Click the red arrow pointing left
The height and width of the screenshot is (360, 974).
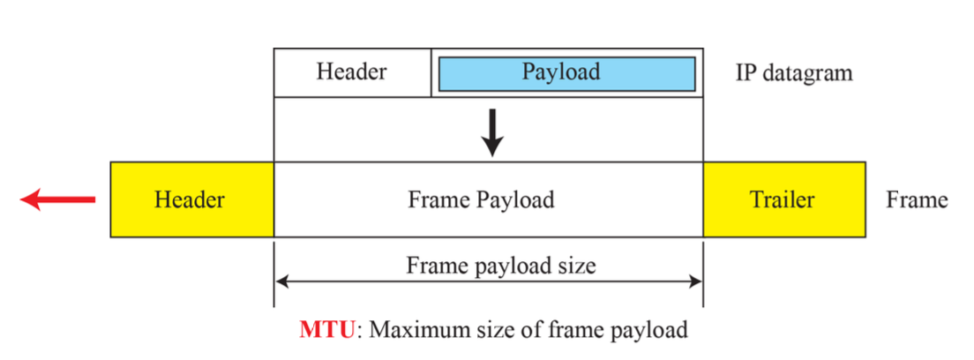[x=56, y=200]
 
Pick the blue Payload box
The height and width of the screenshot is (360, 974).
[x=566, y=71]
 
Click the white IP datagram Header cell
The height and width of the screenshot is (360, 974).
[x=352, y=71]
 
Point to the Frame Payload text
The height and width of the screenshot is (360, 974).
[x=481, y=199]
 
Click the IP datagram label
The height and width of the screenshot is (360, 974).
[x=794, y=72]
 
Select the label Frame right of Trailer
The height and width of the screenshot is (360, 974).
[x=917, y=199]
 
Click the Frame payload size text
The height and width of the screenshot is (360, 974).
[x=489, y=264]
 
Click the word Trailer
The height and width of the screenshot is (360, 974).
[x=783, y=199]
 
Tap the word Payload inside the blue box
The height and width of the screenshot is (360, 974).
[x=561, y=71]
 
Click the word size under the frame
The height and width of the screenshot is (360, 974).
[x=578, y=264]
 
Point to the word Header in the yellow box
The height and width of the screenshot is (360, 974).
[x=190, y=199]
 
